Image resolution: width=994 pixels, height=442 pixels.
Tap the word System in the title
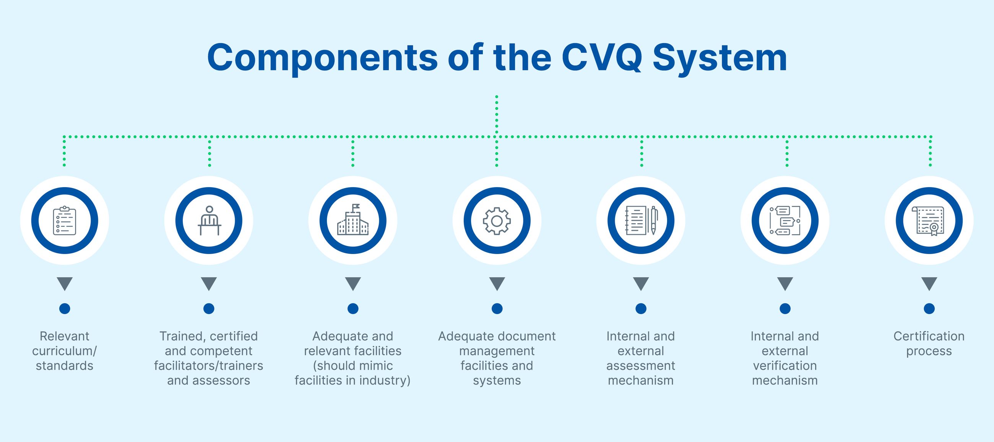point(720,58)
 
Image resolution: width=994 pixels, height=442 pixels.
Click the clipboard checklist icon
point(65,220)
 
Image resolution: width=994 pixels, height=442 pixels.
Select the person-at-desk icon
point(209,220)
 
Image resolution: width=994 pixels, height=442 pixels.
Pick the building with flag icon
point(353,220)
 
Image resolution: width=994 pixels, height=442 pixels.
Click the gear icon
point(497,220)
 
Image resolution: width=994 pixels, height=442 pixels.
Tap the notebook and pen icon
point(641,220)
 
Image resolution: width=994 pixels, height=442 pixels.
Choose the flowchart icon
point(785,220)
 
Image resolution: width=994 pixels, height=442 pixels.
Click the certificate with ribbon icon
point(929,220)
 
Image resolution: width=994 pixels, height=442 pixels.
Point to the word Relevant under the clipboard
point(65,336)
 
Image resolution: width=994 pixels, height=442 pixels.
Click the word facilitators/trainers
point(209,366)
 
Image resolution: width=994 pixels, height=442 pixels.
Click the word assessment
point(641,366)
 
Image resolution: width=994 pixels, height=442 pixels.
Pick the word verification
point(785,366)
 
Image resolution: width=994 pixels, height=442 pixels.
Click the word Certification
point(929,336)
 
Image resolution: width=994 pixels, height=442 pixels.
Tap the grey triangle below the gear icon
point(497,283)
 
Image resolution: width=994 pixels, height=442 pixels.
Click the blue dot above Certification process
point(929,309)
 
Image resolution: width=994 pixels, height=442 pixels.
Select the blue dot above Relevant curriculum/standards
point(65,309)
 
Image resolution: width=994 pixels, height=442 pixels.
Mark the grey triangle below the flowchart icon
point(785,283)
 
